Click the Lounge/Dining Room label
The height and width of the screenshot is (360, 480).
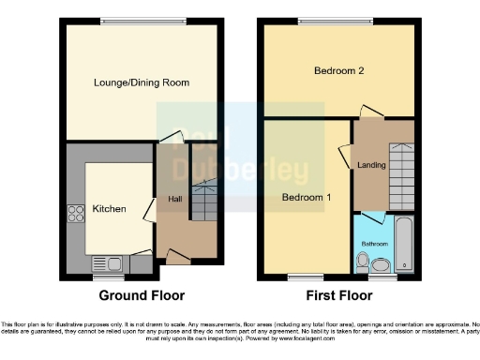point(142,82)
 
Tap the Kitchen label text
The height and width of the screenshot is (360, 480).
point(109,209)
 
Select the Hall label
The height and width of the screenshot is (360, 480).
point(174,199)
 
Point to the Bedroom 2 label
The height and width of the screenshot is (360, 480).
point(338,72)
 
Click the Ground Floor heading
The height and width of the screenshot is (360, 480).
point(142,295)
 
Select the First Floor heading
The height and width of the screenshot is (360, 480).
point(338,295)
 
